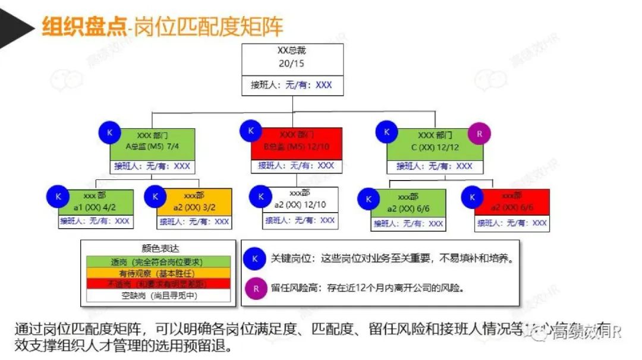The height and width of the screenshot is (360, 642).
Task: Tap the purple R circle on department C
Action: point(479,133)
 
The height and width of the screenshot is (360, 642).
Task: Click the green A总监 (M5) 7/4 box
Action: point(152,143)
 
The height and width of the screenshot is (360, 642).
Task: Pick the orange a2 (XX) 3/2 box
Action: point(194,202)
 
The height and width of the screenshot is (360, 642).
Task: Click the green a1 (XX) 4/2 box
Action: point(95,202)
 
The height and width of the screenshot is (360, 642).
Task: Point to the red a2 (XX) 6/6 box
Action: point(512,202)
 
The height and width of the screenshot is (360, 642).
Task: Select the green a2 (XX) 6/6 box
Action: point(408,203)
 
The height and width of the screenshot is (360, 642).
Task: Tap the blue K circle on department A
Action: point(109,133)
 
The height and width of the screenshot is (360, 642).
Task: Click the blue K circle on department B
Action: point(251,130)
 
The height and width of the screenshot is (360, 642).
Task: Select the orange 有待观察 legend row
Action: point(156,273)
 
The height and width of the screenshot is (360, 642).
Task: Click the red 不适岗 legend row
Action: point(156,283)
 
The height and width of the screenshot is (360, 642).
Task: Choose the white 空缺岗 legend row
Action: point(156,295)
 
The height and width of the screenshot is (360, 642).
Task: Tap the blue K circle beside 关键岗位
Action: point(254,259)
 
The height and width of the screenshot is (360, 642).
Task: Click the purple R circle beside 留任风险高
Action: point(254,288)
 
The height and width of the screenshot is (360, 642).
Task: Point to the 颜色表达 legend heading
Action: point(156,250)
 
